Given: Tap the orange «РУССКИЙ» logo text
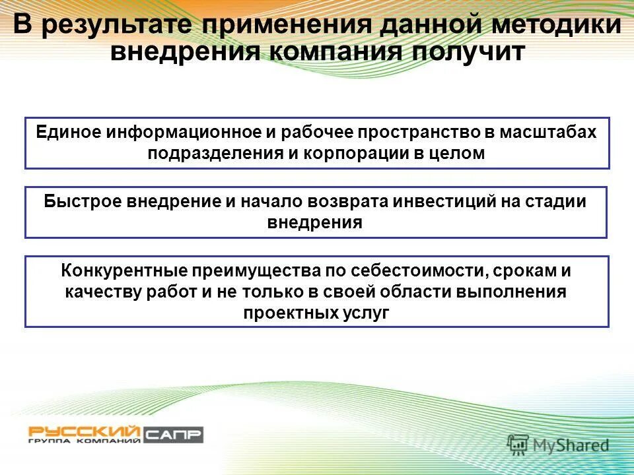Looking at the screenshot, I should pos(85,431).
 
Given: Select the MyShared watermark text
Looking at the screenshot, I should pos(571,445).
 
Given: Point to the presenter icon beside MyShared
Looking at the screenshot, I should pos(518,445).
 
